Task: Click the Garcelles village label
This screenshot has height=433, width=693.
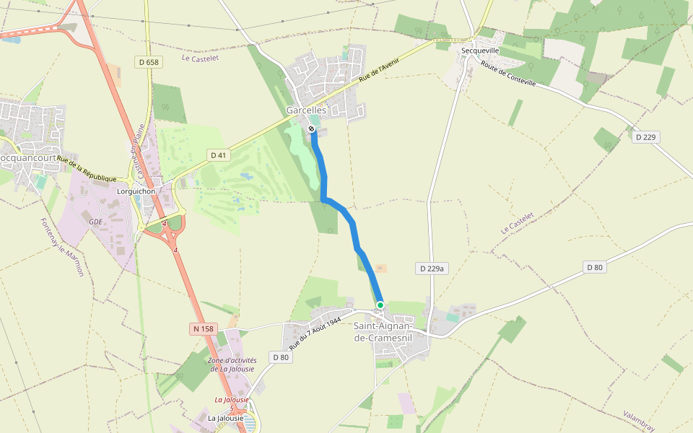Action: click(x=306, y=110)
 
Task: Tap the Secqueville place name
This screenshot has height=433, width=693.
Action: click(x=480, y=51)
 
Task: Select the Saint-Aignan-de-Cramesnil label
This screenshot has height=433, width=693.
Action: click(x=383, y=331)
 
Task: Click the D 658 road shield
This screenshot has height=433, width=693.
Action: click(x=149, y=62)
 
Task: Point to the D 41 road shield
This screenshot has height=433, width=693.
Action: click(x=219, y=155)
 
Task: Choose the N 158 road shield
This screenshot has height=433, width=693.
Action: click(x=204, y=329)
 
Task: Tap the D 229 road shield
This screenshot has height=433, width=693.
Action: click(x=648, y=137)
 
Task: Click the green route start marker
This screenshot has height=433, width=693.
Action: click(x=380, y=305)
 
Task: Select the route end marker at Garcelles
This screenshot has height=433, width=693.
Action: click(x=311, y=128)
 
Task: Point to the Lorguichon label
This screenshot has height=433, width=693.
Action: click(x=136, y=191)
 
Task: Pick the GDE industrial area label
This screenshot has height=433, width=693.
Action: click(x=95, y=222)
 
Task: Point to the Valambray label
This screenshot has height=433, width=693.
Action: click(x=639, y=421)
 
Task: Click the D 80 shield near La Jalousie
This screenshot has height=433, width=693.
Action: click(x=281, y=357)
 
